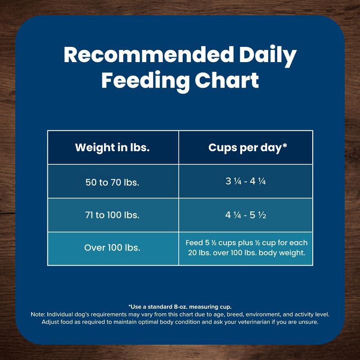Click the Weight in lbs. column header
[112, 148]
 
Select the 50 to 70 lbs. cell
[112, 183]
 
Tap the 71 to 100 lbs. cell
[112, 215]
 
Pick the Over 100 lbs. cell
[112, 247]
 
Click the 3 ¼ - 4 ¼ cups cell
[246, 182]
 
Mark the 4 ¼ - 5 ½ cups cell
[246, 215]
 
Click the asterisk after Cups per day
[285, 146]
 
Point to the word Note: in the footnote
[37, 315]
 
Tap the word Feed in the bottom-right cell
[194, 243]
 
